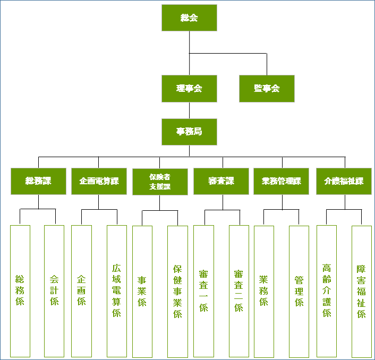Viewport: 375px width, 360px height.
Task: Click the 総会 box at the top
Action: click(189, 18)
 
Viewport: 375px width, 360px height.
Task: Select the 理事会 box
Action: click(189, 89)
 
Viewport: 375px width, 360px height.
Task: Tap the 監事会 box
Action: click(267, 89)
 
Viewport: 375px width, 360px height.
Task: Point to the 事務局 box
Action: click(189, 132)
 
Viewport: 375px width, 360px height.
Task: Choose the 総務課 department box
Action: click(38, 181)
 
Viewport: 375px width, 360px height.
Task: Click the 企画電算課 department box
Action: click(99, 181)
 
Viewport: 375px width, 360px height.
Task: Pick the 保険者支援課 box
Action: click(160, 182)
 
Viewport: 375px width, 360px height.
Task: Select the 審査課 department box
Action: click(221, 181)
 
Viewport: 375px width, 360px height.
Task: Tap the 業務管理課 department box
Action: click(282, 181)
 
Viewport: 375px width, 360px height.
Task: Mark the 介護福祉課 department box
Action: click(344, 181)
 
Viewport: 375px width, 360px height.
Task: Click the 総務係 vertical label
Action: click(20, 290)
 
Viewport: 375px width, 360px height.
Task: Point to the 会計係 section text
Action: click(54, 290)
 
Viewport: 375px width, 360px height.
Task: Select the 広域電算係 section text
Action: click(117, 291)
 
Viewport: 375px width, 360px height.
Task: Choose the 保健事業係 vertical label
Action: click(177, 291)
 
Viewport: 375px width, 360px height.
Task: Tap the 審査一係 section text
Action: click(203, 291)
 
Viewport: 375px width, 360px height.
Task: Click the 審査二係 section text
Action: click(239, 290)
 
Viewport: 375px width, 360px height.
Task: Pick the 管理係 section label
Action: click(299, 291)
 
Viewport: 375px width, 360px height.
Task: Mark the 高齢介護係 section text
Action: click(327, 291)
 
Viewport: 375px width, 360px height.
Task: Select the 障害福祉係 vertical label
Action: click(361, 291)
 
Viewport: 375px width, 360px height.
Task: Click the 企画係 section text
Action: click(81, 290)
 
